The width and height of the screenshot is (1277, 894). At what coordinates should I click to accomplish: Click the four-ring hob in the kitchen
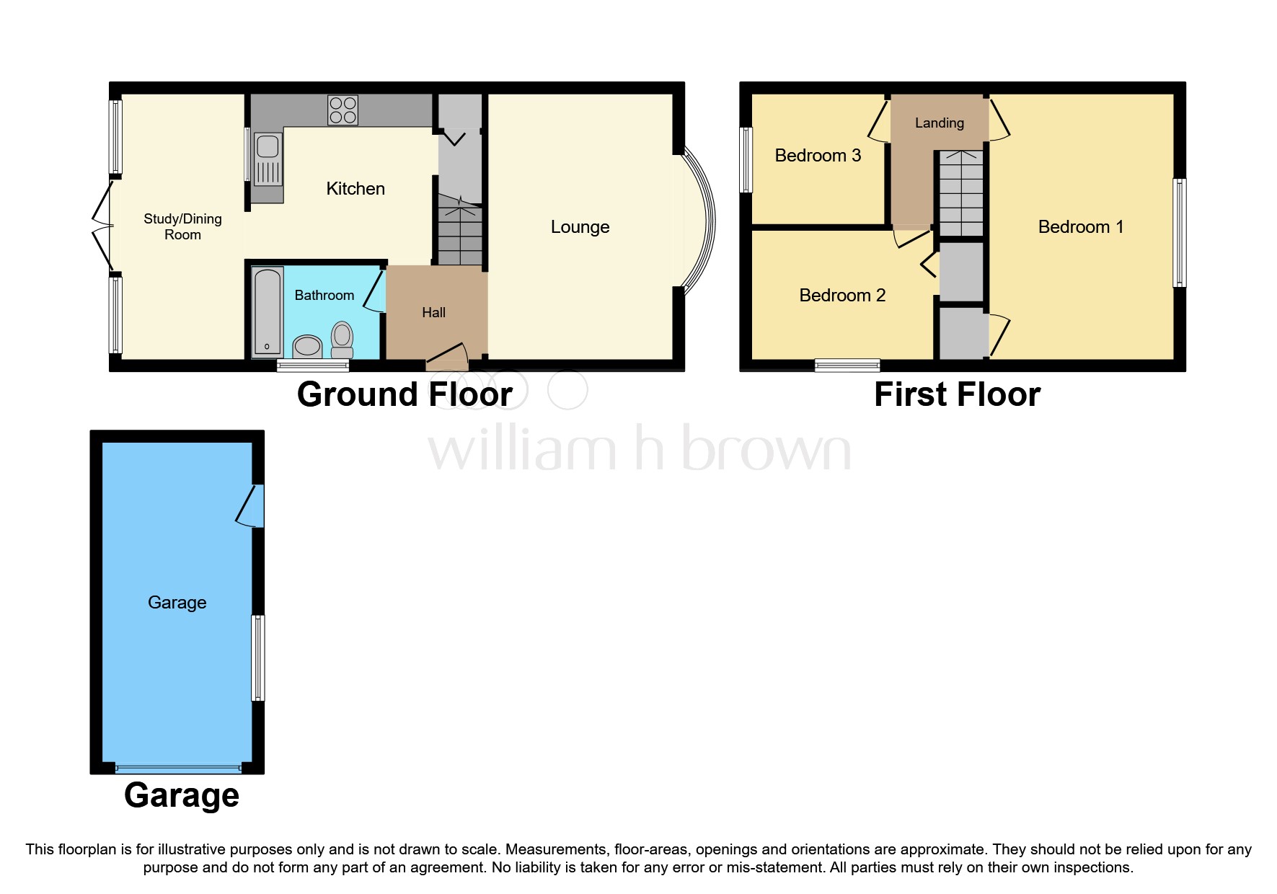[343, 110]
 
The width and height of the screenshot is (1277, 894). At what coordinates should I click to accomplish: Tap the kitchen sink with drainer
[268, 159]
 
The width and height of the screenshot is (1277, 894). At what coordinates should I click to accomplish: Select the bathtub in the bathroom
[268, 312]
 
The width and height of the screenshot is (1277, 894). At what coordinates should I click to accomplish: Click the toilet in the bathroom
[343, 340]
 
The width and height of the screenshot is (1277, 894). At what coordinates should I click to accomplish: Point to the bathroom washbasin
[308, 346]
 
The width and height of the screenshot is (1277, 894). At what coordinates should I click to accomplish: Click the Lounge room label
[580, 227]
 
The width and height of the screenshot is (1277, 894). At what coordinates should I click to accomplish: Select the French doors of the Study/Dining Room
[103, 225]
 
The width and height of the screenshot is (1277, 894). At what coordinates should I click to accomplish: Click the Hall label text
[433, 312]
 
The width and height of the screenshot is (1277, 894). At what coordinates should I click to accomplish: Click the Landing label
[939, 123]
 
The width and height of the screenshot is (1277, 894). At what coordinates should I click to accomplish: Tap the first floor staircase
[960, 192]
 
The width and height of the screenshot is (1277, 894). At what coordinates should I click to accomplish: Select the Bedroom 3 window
[746, 160]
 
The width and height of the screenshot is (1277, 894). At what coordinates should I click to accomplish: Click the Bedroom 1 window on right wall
[1179, 233]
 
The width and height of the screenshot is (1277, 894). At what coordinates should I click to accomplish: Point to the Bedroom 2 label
[842, 295]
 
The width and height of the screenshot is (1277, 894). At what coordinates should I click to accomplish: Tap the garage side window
[257, 658]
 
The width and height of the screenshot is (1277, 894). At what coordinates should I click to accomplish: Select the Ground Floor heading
[405, 394]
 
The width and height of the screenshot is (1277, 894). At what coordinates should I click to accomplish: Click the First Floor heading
[957, 394]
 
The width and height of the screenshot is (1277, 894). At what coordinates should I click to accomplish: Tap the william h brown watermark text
[639, 449]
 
